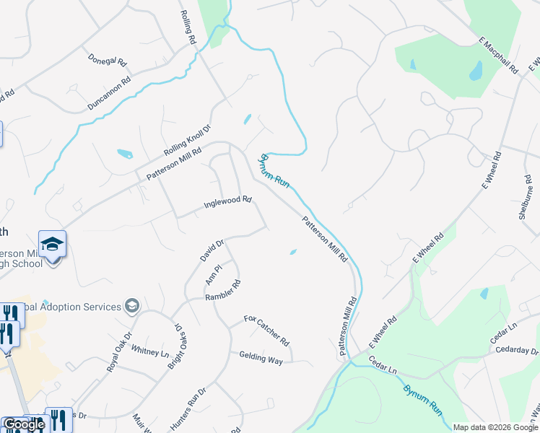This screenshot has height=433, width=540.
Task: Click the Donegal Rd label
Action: pyautogui.click(x=107, y=60)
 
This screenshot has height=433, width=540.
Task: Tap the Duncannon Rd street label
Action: pyautogui.click(x=109, y=93)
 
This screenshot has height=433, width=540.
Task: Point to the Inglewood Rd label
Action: pyautogui.click(x=227, y=201)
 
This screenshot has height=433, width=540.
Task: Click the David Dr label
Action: pyautogui.click(x=212, y=250)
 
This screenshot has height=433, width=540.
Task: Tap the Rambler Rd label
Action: pyautogui.click(x=222, y=291)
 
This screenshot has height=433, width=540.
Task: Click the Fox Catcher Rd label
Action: pyautogui.click(x=266, y=330)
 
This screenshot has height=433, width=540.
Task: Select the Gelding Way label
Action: pyautogui.click(x=261, y=358)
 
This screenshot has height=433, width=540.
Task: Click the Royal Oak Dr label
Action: pyautogui.click(x=120, y=351)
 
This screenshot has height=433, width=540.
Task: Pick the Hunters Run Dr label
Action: pyautogui.click(x=188, y=410)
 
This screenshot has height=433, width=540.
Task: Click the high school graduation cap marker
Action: pyautogui.click(x=52, y=245)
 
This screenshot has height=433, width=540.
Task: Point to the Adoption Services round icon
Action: pyautogui.click(x=132, y=307)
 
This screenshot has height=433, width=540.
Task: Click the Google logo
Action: pyautogui.click(x=24, y=424)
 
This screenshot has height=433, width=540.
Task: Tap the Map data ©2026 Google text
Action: pyautogui.click(x=496, y=427)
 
